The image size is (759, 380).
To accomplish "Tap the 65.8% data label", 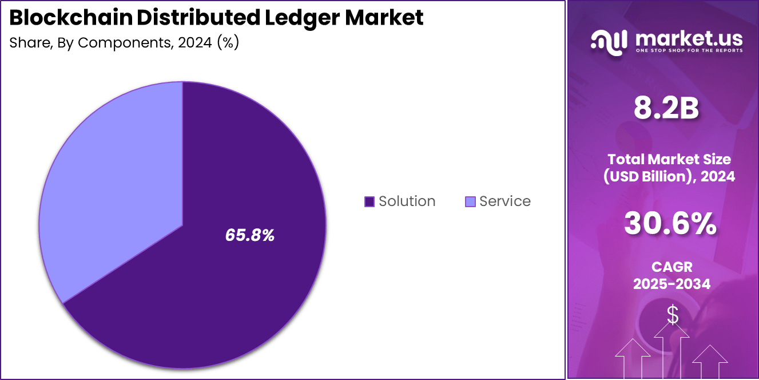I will pyautogui.click(x=250, y=235).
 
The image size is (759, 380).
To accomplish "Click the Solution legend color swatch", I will pyautogui.click(x=369, y=201).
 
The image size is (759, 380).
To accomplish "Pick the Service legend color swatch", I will pyautogui.click(x=470, y=201).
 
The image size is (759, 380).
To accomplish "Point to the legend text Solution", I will pyautogui.click(x=407, y=201).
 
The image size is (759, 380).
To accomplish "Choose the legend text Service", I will pyautogui.click(x=505, y=201).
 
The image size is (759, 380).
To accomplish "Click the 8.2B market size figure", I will pyautogui.click(x=666, y=108).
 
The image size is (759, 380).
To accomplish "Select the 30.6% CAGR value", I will pyautogui.click(x=670, y=224).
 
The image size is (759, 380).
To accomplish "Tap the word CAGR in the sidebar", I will pyautogui.click(x=671, y=267).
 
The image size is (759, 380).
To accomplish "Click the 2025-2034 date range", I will pyautogui.click(x=671, y=283).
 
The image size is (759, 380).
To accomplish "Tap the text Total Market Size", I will pyautogui.click(x=669, y=159).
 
